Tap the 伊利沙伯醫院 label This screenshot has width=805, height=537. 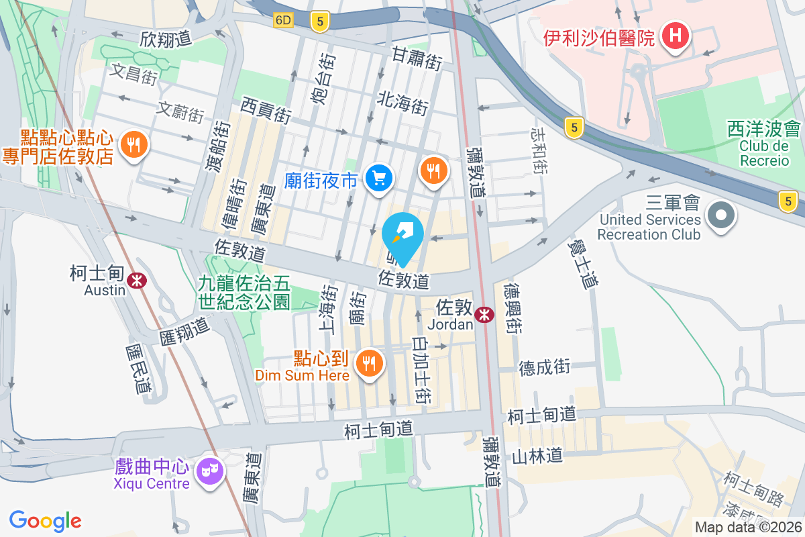(599, 37)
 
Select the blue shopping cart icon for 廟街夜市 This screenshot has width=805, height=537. (379, 178)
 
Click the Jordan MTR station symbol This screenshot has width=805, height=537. (483, 314)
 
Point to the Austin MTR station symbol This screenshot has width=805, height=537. (138, 279)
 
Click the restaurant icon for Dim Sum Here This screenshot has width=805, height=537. (368, 364)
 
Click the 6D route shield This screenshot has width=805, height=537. (284, 20)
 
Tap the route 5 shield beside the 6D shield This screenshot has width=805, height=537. (319, 22)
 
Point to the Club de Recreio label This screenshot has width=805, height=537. (764, 152)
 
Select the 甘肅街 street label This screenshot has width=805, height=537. (417, 58)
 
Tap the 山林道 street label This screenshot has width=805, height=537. (537, 456)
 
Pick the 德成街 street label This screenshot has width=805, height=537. (544, 367)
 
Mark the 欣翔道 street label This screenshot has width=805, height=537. (166, 40)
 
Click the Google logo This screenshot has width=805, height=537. (46, 521)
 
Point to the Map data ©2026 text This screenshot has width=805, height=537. (748, 527)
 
